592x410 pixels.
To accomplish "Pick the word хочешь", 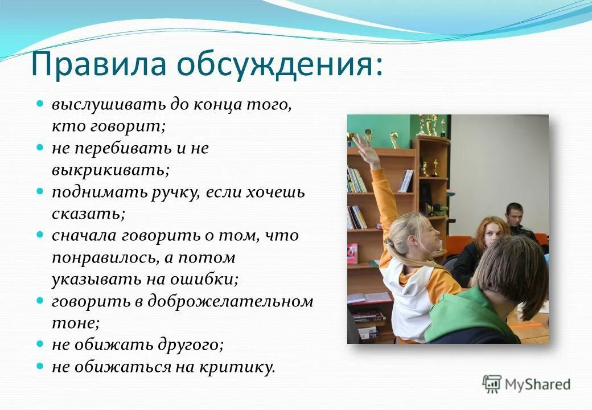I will (x=276, y=192).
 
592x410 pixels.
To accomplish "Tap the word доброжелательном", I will (x=231, y=301).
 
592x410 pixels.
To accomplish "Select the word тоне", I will (x=75, y=323).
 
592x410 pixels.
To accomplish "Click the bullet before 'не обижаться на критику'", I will (x=40, y=366).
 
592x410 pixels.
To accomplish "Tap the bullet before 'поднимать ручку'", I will (x=40, y=191).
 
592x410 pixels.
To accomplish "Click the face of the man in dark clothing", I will (x=515, y=215).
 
